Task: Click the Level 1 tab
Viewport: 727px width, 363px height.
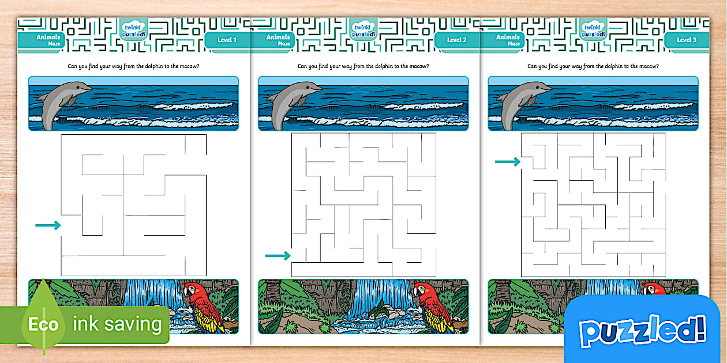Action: click(226, 40)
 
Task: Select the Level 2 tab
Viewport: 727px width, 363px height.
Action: click(456, 40)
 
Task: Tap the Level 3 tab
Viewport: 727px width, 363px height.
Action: click(686, 40)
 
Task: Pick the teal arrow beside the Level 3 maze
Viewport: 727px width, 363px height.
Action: click(508, 162)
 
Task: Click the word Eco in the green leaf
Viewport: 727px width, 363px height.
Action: click(44, 324)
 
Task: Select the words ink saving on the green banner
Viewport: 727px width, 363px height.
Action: click(117, 324)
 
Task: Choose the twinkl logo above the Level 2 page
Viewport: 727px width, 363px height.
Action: click(363, 27)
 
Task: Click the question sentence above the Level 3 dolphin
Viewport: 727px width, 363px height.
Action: click(593, 66)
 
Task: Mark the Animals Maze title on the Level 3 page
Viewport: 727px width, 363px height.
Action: click(508, 40)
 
